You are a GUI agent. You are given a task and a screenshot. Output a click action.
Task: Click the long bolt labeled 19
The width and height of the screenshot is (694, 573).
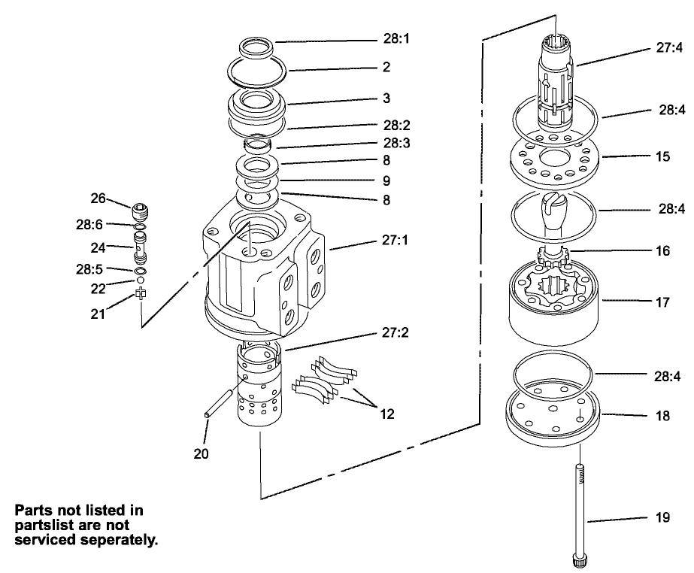click(581, 511)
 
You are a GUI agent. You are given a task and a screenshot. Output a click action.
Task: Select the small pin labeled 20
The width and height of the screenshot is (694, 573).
click(218, 400)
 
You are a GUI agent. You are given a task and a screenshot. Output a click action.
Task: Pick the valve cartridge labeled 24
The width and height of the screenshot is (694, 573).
click(139, 247)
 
